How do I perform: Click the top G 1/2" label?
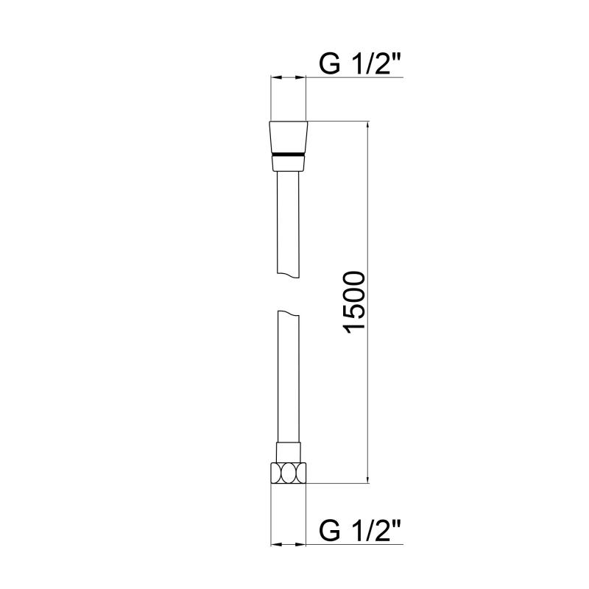(x=360, y=64)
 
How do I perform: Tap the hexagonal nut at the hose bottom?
(x=289, y=473)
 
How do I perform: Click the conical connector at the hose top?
(x=289, y=146)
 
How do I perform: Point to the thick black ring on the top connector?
(x=289, y=155)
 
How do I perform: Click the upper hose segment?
(x=288, y=225)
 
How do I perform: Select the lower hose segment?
(x=288, y=377)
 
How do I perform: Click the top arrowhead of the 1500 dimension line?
(x=367, y=126)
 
